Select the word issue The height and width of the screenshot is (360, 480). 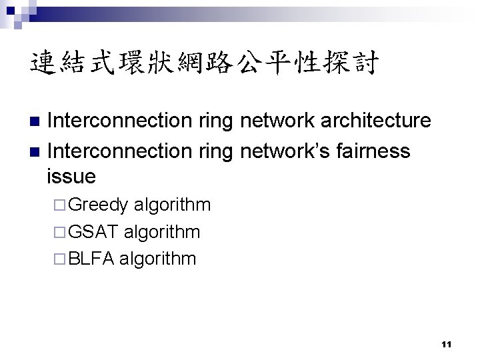pos(71,177)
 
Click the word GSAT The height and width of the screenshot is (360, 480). pos(94,231)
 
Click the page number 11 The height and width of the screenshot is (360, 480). pos(447,344)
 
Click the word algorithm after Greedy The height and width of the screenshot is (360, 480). pos(172,205)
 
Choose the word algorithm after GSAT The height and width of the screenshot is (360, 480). pos(162,231)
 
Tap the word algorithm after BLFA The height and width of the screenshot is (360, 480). pos(158,259)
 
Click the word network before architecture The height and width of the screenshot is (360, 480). pos(274,121)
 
